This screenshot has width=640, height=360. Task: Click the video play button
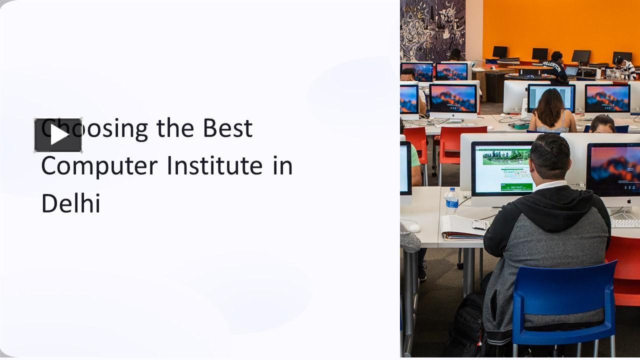[58, 135]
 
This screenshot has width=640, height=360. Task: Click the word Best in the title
[227, 128]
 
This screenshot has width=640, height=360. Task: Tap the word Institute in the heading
[214, 166]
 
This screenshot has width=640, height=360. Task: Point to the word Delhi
[71, 203]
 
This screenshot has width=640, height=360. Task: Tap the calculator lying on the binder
[479, 224]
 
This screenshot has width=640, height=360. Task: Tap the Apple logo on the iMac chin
[628, 201]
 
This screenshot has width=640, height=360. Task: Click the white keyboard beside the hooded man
[625, 223]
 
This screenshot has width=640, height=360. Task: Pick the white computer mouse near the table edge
[414, 228]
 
